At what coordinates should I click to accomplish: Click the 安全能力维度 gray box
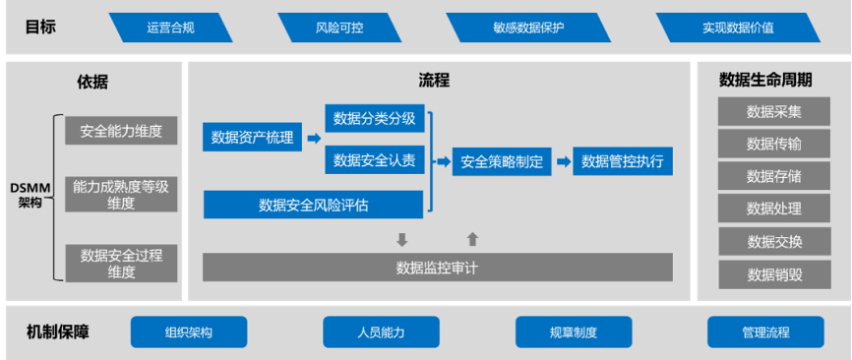pos(121,131)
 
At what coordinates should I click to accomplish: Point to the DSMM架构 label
pos(30,195)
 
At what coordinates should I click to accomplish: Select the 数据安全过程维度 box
pos(121,264)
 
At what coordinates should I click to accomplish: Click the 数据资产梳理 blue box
pos(252,138)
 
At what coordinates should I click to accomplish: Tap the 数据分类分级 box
pos(374,120)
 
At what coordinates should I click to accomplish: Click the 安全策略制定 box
pos(502,161)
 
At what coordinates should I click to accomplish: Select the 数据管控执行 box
pos(623,161)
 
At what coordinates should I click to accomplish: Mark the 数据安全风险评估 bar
pos(313,205)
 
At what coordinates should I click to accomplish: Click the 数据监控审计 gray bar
pos(437,268)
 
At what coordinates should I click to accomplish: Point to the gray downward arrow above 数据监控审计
pos(401,239)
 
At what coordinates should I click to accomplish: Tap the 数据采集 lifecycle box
pos(773,111)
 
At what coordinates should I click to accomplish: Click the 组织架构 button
pos(189,332)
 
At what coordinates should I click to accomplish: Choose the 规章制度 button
pos(574,332)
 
